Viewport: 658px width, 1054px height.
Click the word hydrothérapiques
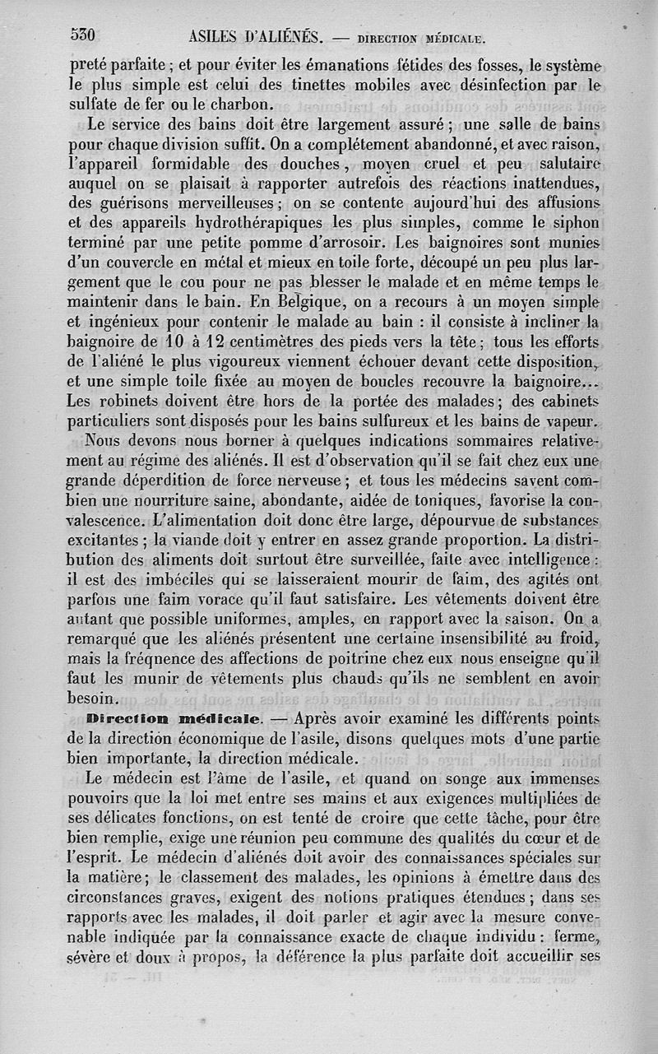tap(248, 223)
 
